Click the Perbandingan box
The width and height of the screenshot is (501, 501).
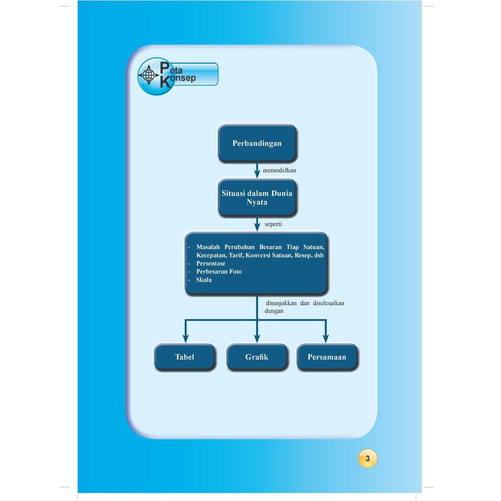tap(257, 143)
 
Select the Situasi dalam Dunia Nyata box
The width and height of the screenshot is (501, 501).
tap(257, 197)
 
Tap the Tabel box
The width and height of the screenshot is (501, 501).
tap(185, 357)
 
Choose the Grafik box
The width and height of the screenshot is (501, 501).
tap(257, 357)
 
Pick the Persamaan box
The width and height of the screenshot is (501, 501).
tap(327, 357)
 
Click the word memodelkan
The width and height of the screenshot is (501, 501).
tap(279, 171)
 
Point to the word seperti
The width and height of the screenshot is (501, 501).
tap(273, 223)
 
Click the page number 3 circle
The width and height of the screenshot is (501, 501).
tap(368, 459)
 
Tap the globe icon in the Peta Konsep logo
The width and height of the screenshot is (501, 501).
tap(148, 75)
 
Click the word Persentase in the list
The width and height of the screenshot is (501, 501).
tap(211, 263)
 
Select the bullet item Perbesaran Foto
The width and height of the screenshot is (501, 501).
tap(219, 271)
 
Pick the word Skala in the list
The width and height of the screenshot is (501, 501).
tap(204, 280)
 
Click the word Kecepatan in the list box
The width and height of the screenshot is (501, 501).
tap(211, 256)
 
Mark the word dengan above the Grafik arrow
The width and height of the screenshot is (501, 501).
tap(274, 311)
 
